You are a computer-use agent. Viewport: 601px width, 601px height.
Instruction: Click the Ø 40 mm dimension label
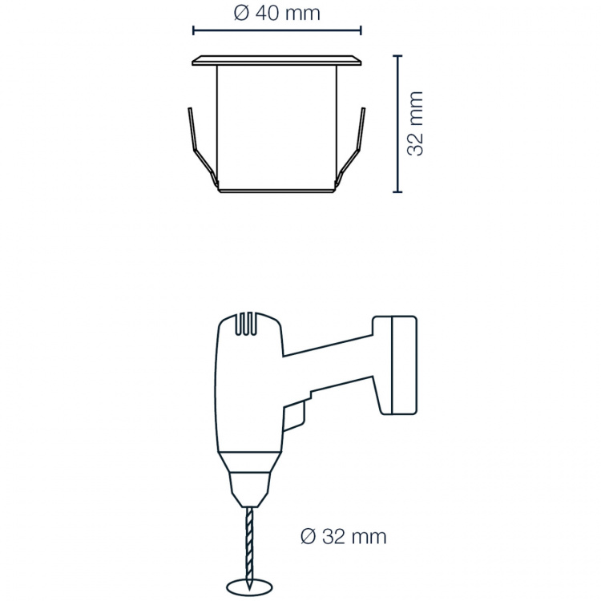276,13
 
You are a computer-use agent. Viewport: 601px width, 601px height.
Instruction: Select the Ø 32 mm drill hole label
342,536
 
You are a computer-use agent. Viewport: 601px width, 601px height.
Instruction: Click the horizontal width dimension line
276,31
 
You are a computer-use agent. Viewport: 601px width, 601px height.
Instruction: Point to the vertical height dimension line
397,123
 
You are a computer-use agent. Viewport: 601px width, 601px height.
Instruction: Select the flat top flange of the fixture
276,60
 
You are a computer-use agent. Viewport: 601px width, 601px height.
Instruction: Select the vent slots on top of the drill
249,325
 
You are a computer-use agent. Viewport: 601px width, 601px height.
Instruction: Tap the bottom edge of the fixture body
276,191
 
